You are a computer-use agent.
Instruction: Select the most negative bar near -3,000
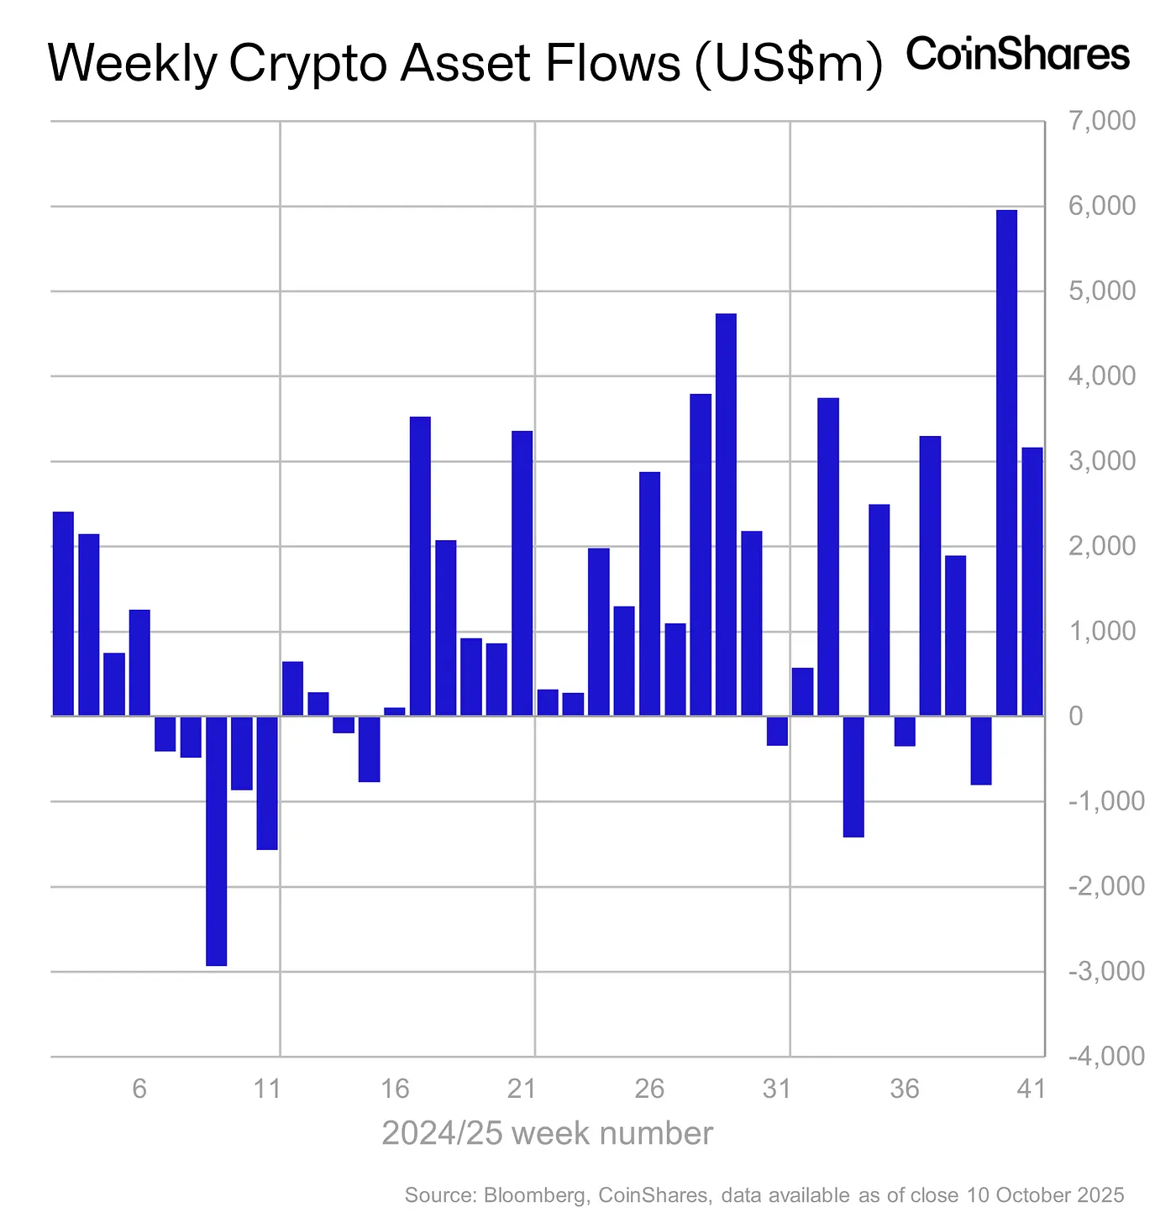point(216,840)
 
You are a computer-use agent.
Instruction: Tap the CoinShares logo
point(1018,55)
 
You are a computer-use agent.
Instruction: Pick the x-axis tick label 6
point(139,1089)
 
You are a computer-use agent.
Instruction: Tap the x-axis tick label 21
point(522,1089)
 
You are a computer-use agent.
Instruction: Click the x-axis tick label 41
point(1031,1089)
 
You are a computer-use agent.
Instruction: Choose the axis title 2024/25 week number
point(547,1133)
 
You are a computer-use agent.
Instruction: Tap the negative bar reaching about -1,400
point(853,776)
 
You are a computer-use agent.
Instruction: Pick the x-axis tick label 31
point(777,1089)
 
